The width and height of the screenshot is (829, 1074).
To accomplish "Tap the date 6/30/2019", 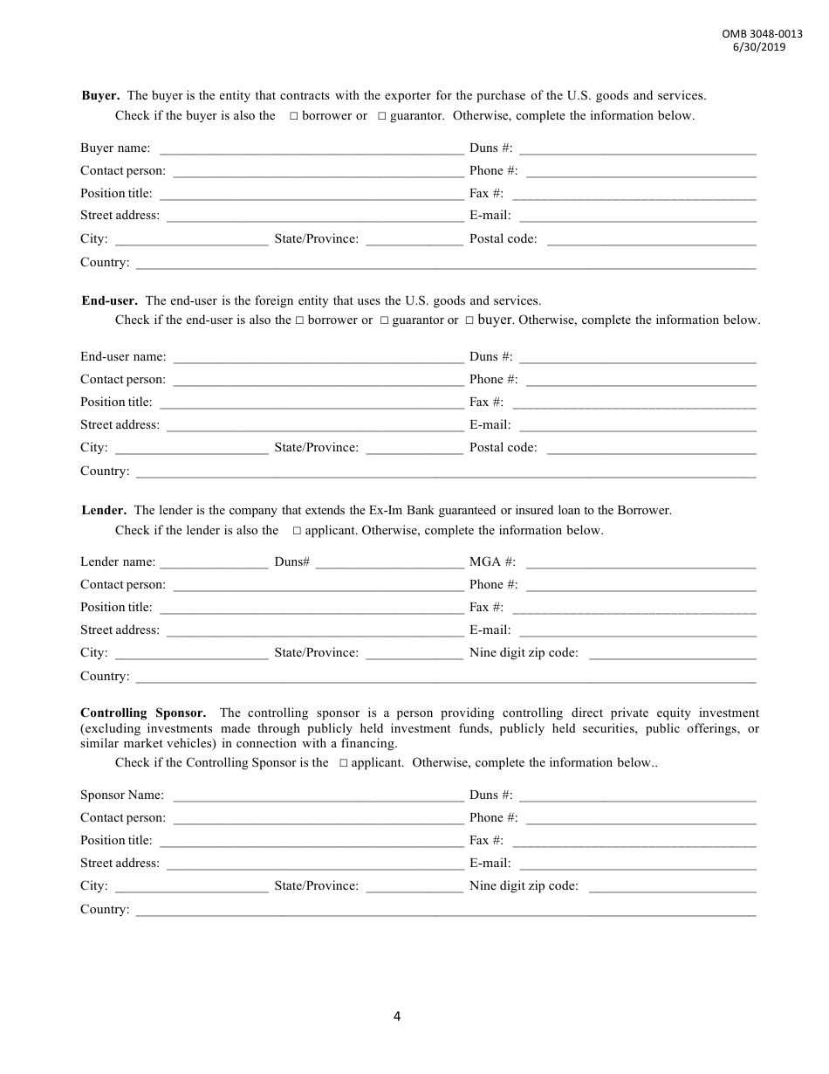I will click(x=759, y=47).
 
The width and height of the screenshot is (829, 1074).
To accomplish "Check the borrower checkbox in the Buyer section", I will click(x=294, y=116).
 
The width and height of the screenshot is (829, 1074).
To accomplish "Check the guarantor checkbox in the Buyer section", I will click(x=382, y=116).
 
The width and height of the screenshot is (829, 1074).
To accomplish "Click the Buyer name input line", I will click(x=311, y=149).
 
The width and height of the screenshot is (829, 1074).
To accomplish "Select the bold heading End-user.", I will click(x=109, y=301).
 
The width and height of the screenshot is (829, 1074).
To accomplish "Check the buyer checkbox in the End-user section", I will click(x=469, y=320).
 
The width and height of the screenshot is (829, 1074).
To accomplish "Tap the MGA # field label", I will click(x=492, y=562).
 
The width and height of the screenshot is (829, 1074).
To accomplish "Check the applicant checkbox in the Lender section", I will click(x=297, y=531).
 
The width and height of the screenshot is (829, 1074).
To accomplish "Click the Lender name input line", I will click(x=214, y=563).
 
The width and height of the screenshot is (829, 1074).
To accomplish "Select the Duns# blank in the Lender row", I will click(x=389, y=563).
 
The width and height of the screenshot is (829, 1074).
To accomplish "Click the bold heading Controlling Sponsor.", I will click(x=143, y=713).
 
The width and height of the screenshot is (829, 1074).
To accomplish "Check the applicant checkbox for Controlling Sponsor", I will click(x=343, y=763).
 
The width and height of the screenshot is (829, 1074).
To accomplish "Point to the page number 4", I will click(x=397, y=1015).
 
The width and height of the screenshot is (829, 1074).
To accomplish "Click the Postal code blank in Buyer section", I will click(x=651, y=240).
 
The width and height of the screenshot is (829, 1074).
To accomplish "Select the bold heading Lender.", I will click(x=104, y=511).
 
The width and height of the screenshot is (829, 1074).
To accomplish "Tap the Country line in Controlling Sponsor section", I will click(x=445, y=911).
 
